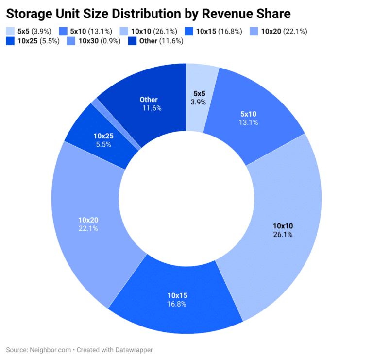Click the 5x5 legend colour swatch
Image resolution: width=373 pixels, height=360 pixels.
tap(10, 31)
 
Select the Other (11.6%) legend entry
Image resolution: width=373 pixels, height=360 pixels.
tap(154, 41)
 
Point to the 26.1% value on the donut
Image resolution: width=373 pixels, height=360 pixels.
tap(283, 234)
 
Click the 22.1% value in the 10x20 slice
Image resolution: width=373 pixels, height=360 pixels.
tap(88, 228)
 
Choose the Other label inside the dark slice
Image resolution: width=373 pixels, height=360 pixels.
tap(149, 100)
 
